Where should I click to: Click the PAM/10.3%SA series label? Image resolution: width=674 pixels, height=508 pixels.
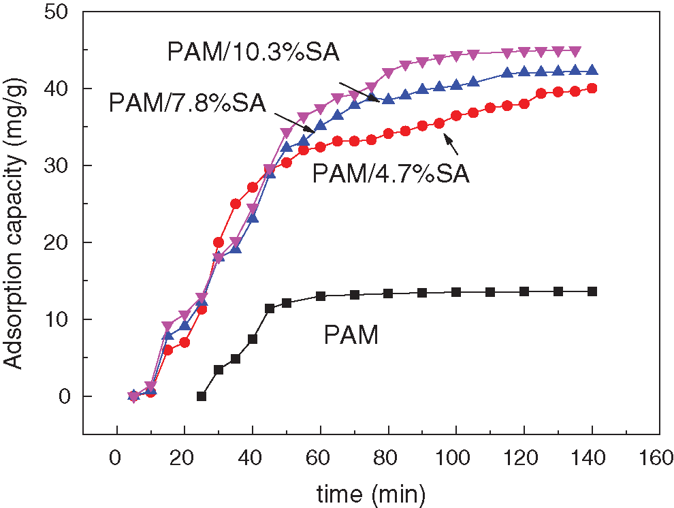(x=253, y=52)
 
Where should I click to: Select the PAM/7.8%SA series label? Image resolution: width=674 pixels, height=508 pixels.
(x=187, y=104)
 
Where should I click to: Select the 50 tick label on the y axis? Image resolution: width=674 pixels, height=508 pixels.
(x=61, y=12)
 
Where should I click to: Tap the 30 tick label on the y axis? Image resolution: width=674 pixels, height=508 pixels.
(x=61, y=166)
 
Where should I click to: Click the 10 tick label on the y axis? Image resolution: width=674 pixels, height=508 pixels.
(x=61, y=320)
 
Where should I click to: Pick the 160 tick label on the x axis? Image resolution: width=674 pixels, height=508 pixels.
(x=658, y=456)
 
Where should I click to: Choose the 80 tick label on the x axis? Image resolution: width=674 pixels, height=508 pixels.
(x=388, y=456)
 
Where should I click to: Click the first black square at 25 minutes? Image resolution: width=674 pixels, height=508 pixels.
(x=202, y=396)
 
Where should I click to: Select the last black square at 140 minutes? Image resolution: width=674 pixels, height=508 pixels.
(x=592, y=291)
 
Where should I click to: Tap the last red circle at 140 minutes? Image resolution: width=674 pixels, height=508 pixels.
(x=592, y=88)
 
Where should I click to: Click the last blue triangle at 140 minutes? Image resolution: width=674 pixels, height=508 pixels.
(x=592, y=70)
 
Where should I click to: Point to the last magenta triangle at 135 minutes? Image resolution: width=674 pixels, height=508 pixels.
(x=575, y=50)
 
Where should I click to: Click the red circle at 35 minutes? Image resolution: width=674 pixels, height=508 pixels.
(x=236, y=204)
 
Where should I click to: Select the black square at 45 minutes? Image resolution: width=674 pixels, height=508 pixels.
(x=270, y=308)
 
